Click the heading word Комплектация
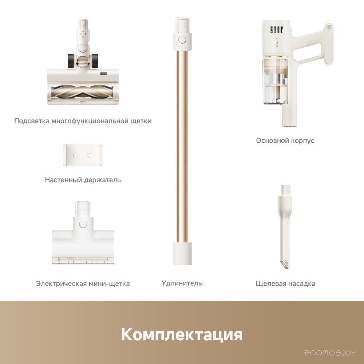click(x=182, y=335)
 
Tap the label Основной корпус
click(x=285, y=141)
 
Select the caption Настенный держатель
click(x=83, y=180)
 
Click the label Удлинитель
click(x=182, y=283)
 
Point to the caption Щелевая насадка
click(x=285, y=284)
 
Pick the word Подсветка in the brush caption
click(x=32, y=121)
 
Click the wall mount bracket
click(x=83, y=155)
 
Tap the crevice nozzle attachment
click(x=284, y=227)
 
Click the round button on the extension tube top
click(x=182, y=39)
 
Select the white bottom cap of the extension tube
click(x=182, y=254)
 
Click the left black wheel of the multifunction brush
click(x=71, y=61)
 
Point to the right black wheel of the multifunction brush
click(x=94, y=61)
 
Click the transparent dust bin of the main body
click(x=275, y=80)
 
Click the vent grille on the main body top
click(x=277, y=30)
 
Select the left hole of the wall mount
click(x=75, y=155)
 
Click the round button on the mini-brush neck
click(x=83, y=223)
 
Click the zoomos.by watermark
click(x=331, y=353)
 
